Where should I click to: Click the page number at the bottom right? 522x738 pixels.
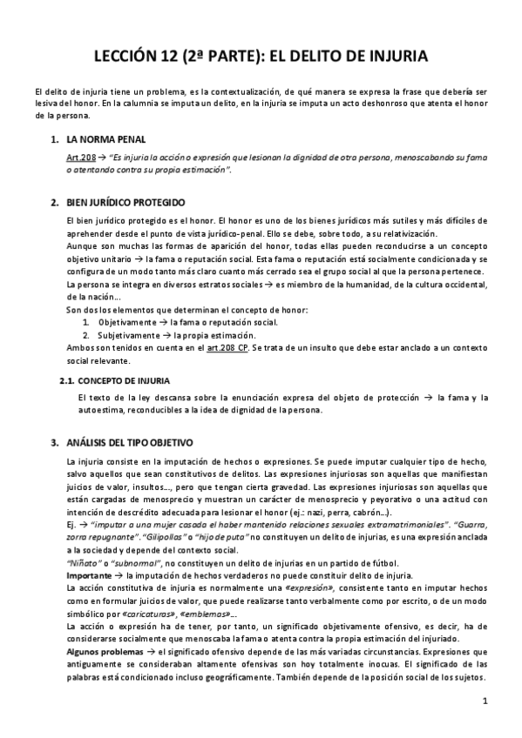485,701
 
